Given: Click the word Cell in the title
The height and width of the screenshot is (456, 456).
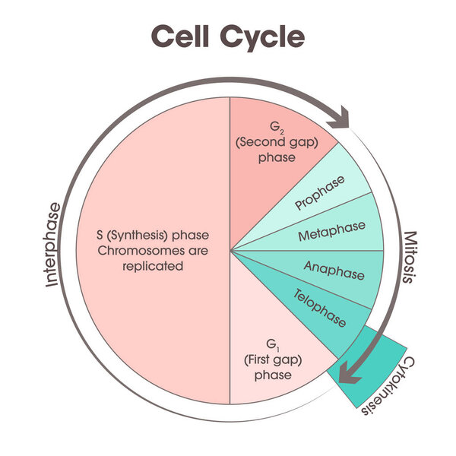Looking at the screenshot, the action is [x=180, y=36].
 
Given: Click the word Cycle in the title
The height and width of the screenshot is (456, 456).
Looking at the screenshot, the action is [x=262, y=39].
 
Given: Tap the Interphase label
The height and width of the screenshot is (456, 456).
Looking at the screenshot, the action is [x=53, y=245].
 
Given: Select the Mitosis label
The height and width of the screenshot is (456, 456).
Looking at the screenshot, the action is [x=410, y=257].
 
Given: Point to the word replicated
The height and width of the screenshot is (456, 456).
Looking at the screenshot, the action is [x=153, y=267].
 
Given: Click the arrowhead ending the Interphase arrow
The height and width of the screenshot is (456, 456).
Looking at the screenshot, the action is [x=340, y=119].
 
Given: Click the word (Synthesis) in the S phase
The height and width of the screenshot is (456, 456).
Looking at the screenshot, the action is [x=138, y=236].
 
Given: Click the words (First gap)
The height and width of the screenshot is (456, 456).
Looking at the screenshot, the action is [x=273, y=360].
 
